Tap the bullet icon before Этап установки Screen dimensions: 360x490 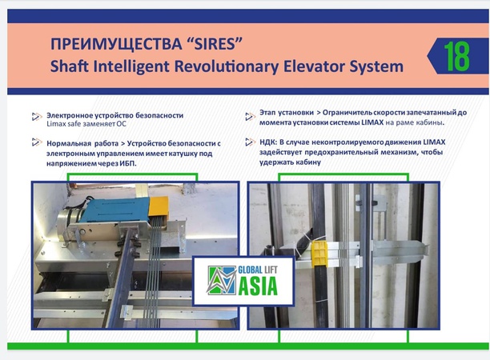(252, 114)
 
